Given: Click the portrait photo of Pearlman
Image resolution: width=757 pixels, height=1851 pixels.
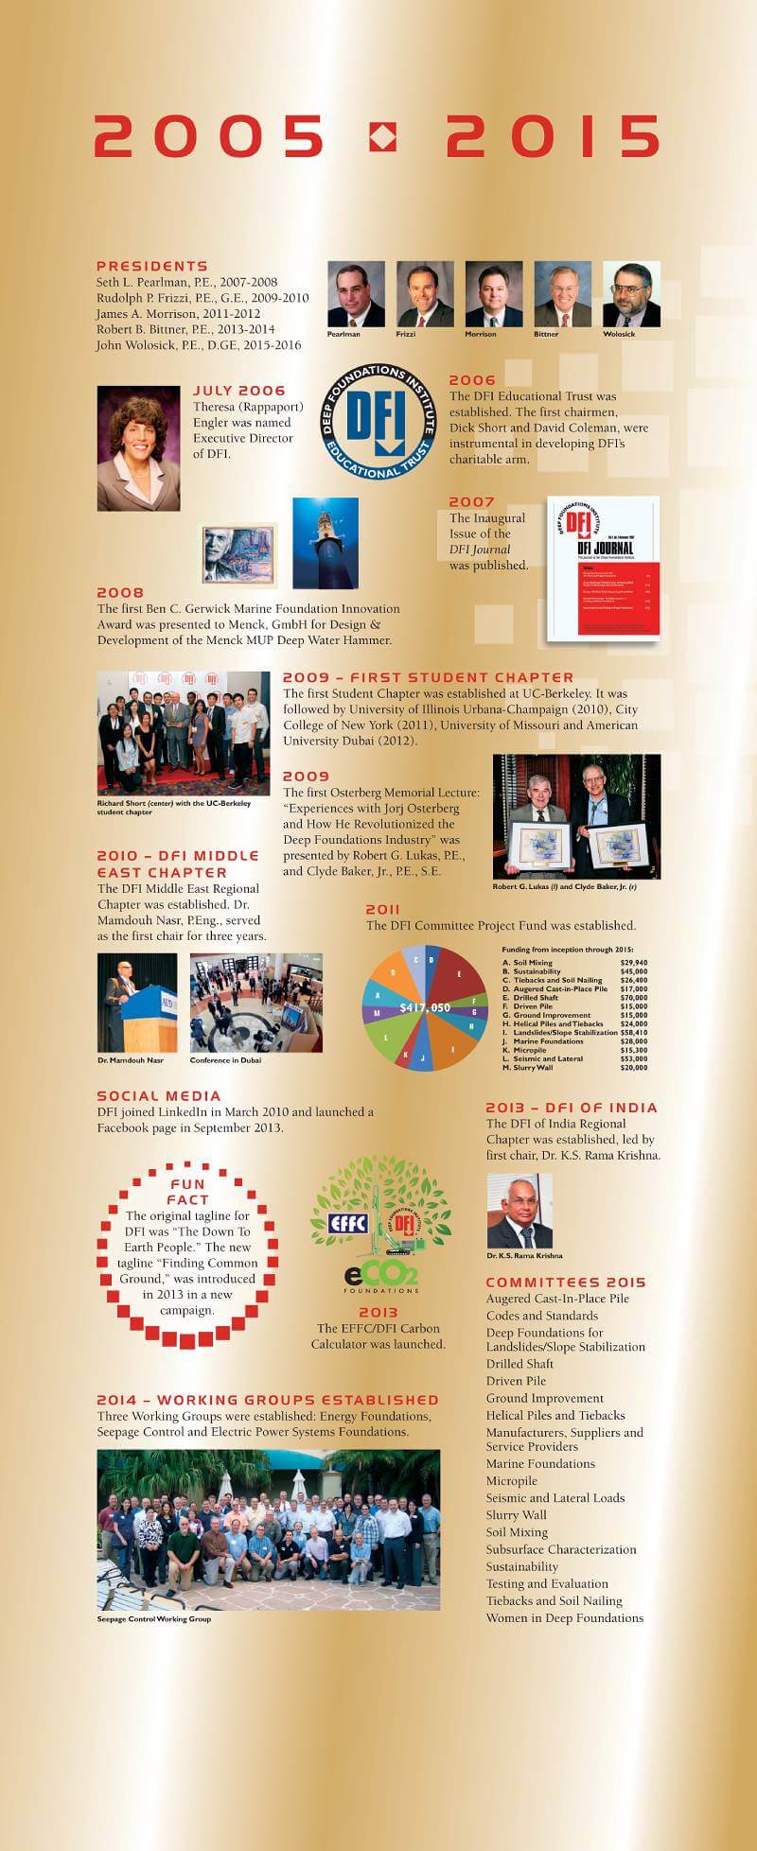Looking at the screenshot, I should tap(356, 294).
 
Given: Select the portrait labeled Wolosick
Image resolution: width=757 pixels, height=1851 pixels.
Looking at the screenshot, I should tap(631, 294).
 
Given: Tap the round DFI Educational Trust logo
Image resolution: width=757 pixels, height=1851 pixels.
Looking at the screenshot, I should tap(377, 421).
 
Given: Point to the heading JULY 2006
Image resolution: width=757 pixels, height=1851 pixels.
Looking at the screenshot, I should tap(238, 391).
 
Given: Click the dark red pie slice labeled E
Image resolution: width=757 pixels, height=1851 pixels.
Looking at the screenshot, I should tap(461, 976).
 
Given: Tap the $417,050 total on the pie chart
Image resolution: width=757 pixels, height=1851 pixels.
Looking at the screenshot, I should tap(425, 1007).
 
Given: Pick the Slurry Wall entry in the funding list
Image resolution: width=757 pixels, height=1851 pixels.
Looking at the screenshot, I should tap(532, 1068).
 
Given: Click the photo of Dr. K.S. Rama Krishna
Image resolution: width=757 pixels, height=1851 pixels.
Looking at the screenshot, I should tap(519, 1211).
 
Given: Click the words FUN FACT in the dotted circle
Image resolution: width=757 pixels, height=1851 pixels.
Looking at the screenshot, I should tap(186, 1193).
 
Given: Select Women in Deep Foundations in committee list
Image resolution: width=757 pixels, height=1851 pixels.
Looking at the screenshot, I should tap(564, 1617).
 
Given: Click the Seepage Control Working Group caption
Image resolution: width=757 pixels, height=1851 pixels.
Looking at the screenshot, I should tap(153, 1618).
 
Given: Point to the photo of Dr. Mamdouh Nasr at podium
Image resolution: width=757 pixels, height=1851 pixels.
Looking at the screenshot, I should tap(136, 1003).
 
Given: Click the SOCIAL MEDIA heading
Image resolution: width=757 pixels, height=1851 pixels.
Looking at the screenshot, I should tap(159, 1096).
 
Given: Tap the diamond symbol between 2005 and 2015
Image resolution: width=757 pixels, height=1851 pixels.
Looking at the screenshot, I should tap(383, 137).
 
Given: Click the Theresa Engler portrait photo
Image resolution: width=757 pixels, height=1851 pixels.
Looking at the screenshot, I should tap(138, 448).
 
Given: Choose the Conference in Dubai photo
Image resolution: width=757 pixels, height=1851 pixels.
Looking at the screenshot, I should tap(255, 1003).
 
